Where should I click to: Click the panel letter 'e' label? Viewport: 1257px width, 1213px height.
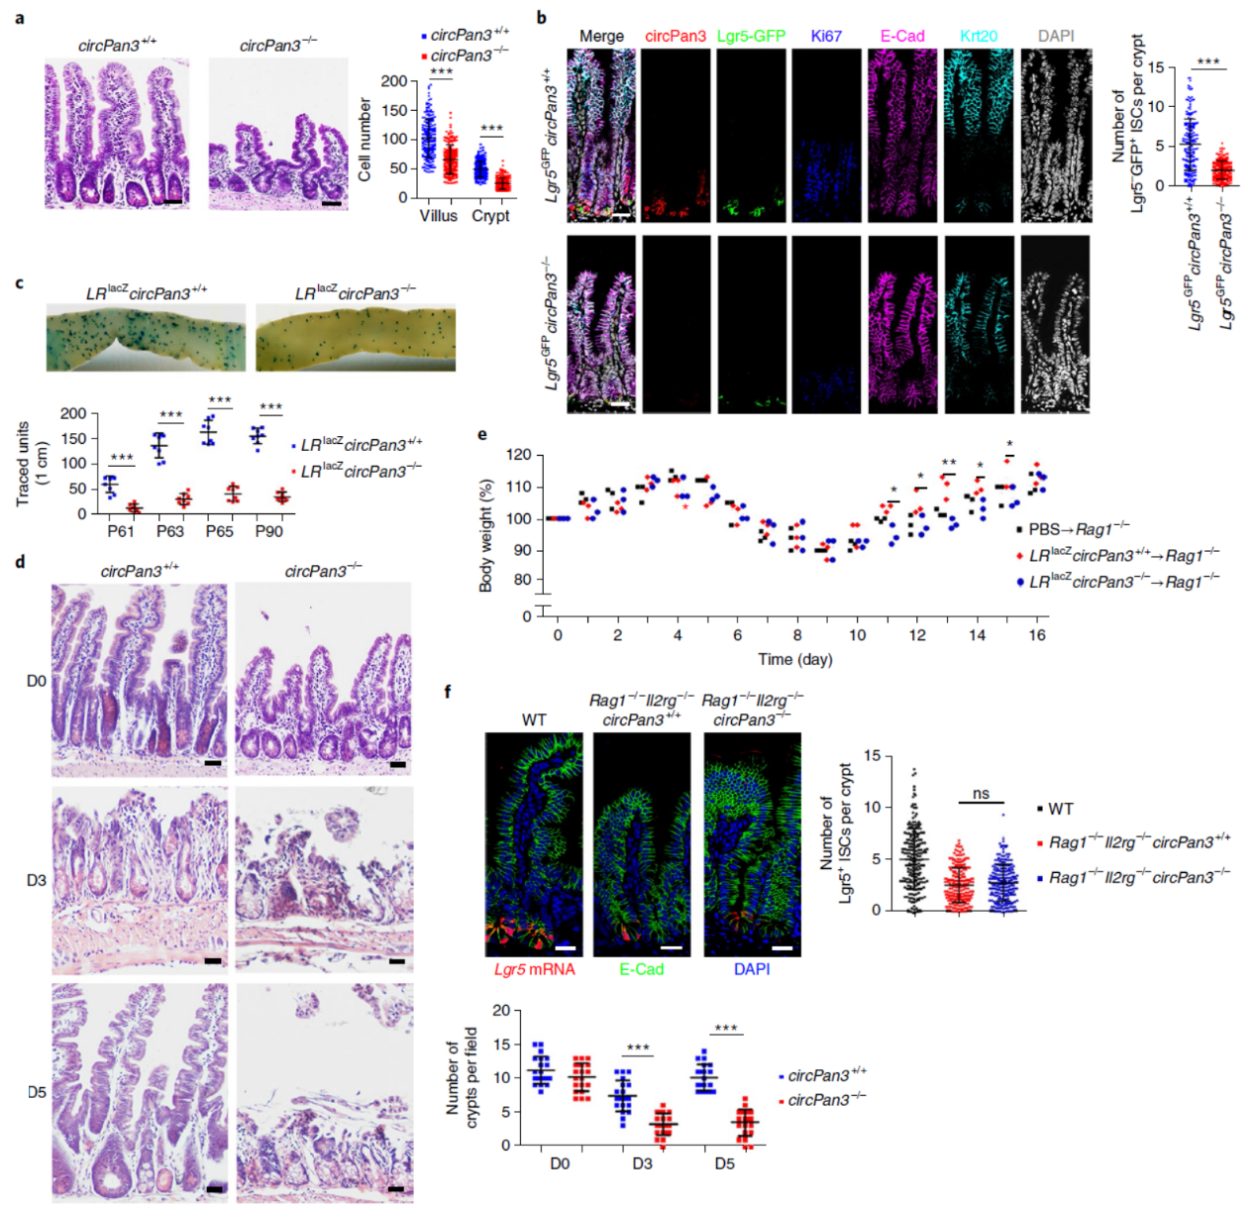482,435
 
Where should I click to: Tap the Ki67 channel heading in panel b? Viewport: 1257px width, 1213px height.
826,37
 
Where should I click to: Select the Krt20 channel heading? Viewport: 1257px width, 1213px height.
979,37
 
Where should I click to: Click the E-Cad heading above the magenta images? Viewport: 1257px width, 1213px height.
902,37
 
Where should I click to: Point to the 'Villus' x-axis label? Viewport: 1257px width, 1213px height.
439,216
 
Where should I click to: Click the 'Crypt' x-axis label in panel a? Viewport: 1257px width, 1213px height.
490,216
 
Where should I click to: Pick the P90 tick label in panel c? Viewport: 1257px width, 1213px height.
268,531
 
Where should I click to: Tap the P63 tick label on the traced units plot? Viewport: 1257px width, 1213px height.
169,531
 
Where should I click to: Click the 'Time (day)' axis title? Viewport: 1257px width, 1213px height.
795,659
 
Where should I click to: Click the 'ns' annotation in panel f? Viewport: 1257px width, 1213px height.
981,794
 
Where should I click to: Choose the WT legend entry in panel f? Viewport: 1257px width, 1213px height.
1061,810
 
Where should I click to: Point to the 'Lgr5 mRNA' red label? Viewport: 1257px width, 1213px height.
534,969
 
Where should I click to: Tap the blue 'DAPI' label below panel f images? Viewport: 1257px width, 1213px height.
752,969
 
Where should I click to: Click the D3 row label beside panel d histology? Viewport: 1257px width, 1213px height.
36,880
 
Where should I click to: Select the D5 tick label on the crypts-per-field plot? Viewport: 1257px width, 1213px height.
725,1163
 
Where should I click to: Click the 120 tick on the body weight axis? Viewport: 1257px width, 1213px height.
519,456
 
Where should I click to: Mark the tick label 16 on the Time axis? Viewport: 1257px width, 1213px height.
1037,635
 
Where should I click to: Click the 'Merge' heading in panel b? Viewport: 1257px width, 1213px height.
601,37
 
